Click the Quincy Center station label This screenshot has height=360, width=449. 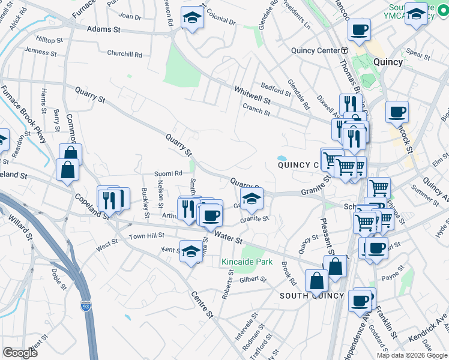click(316, 50)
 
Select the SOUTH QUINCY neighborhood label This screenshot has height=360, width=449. click(312, 296)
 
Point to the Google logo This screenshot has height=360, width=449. click(20, 352)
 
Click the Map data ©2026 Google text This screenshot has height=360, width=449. click(411, 355)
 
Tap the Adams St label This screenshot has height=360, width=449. click(100, 29)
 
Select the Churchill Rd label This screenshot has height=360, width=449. click(124, 54)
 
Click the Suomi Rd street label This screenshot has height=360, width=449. click(169, 173)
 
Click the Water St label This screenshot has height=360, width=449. click(229, 239)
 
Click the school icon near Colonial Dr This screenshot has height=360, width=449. click(192, 17)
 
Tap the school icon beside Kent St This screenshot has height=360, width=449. click(191, 251)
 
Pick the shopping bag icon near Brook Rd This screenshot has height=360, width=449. click(316, 280)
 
